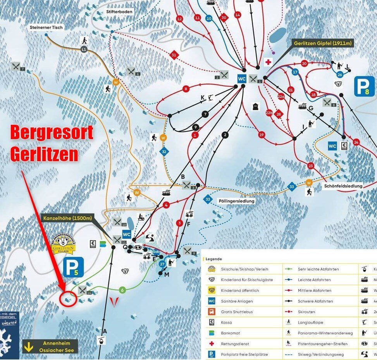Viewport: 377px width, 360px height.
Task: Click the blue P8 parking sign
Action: click(364, 86)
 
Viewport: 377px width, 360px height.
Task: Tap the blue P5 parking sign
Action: click(73, 267)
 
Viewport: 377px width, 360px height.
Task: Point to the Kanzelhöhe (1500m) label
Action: click(67, 219)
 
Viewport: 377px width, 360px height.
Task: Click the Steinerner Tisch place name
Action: click(46, 28)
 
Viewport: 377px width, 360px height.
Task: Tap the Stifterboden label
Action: click(119, 12)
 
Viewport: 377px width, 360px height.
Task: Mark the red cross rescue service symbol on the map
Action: click(268, 62)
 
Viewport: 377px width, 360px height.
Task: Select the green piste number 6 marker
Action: click(122, 290)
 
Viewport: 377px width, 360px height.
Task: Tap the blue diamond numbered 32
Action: click(164, 152)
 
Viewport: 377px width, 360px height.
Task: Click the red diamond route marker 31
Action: click(174, 55)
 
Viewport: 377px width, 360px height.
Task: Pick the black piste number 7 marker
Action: click(205, 114)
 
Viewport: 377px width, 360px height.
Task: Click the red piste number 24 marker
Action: click(356, 142)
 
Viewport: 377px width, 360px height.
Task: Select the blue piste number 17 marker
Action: click(295, 72)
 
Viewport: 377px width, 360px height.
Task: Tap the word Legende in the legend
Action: click(214, 259)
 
